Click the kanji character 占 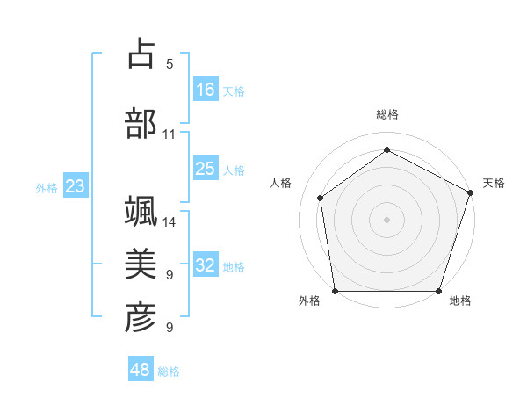point(141,54)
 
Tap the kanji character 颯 point(141,212)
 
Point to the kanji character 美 point(141,263)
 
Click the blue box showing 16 point(206,89)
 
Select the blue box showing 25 point(206,169)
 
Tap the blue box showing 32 point(206,265)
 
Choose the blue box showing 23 point(75,185)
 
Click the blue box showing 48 point(141,370)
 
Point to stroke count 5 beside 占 point(170,64)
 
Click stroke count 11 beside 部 point(170,134)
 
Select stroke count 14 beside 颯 point(170,222)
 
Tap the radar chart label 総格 point(387,114)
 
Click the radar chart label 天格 point(494,183)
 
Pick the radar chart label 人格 point(281,183)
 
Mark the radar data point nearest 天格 point(471,192)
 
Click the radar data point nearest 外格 point(335,291)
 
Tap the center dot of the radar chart point(387,219)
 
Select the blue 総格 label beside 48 point(170,372)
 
